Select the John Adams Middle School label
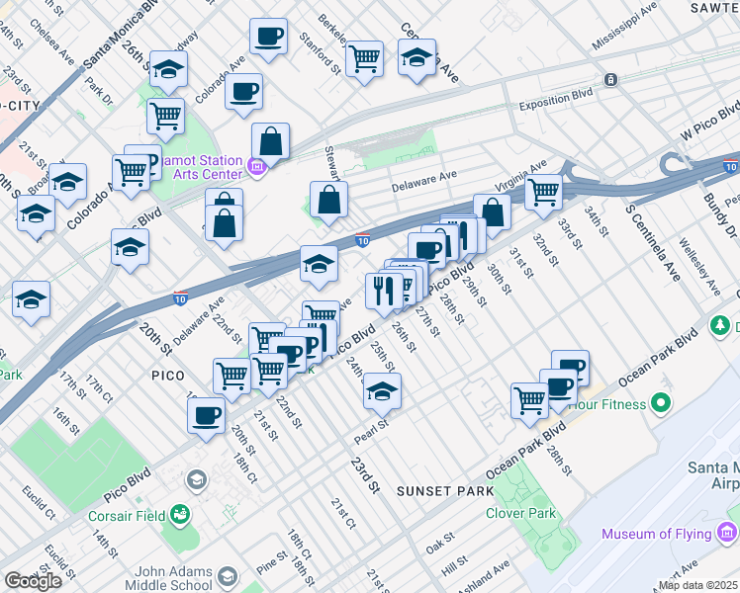coord(161,579)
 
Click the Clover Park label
coord(520,513)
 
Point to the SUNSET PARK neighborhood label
coord(437,490)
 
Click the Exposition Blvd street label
coord(555,103)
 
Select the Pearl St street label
coord(369,434)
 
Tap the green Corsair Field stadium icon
coord(179,514)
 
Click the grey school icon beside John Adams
coord(229,577)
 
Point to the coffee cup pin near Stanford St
coord(268,38)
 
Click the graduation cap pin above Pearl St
coord(382,392)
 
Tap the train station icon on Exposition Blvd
coord(611,79)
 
